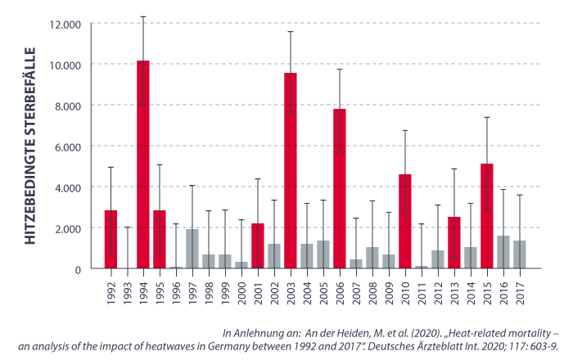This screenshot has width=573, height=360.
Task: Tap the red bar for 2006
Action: (340, 188)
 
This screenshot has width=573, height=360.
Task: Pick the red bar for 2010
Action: (405, 221)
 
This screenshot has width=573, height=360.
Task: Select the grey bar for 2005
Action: (323, 254)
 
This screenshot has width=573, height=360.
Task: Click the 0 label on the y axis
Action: (77, 269)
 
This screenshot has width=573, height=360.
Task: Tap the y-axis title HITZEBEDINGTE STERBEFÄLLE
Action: (32, 146)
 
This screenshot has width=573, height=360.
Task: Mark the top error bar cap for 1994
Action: (143, 16)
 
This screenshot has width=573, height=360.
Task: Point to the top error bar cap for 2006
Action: (340, 70)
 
